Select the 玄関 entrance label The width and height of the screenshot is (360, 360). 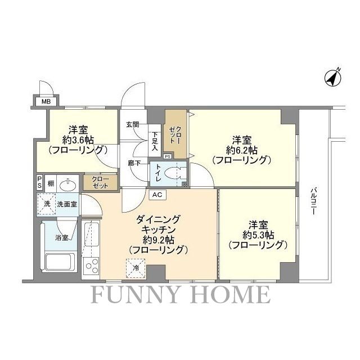[x=133, y=124]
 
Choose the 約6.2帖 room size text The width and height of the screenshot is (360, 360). [x=242, y=150]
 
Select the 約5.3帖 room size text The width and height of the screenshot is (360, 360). [x=258, y=234]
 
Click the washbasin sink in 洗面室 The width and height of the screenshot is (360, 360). [x=69, y=183]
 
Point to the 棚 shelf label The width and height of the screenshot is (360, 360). [x=51, y=183]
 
